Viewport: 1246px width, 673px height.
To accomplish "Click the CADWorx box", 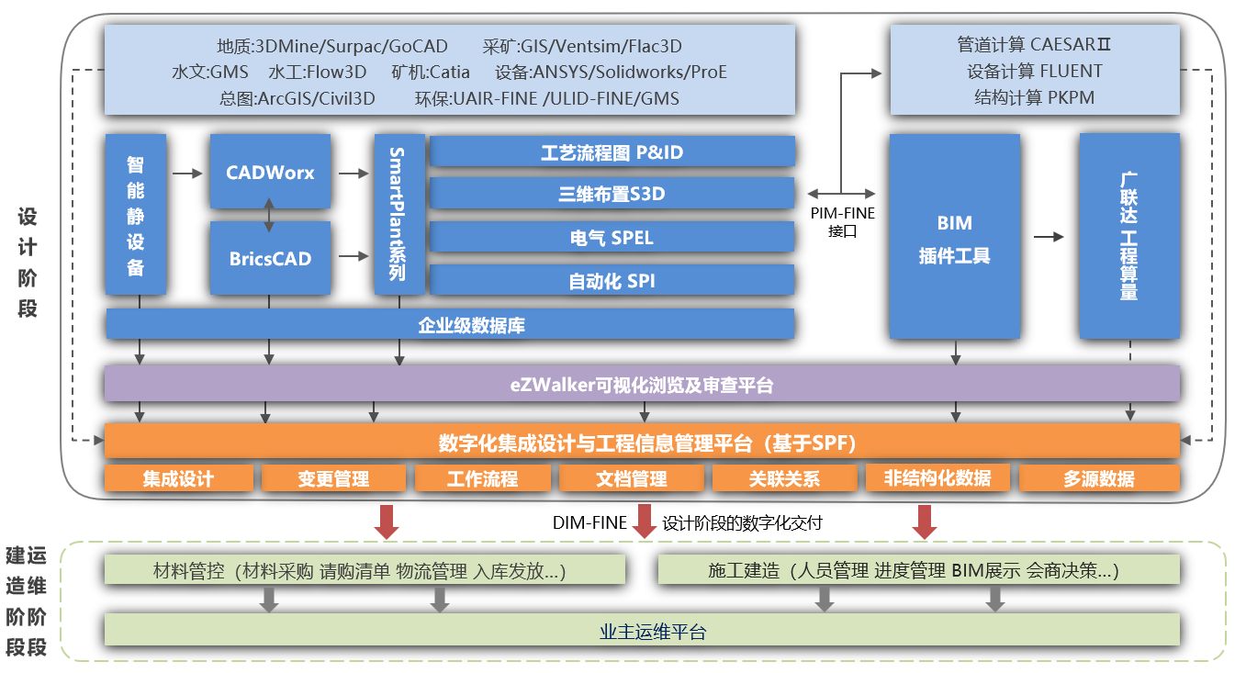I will click(x=269, y=172).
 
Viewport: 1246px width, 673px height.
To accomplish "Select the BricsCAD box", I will click(x=269, y=258).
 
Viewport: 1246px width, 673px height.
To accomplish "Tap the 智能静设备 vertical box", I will click(x=136, y=215).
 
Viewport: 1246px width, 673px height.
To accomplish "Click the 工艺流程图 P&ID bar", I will click(x=612, y=151).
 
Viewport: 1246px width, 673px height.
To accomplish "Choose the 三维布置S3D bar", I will click(x=612, y=194).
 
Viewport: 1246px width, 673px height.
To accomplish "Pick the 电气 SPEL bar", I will click(x=612, y=237).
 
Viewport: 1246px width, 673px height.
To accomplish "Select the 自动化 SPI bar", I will click(x=612, y=280).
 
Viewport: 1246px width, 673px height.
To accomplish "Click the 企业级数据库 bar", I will click(x=450, y=324).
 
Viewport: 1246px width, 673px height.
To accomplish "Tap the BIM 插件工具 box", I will click(x=954, y=237).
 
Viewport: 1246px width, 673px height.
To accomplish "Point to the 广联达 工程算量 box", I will click(x=1128, y=237).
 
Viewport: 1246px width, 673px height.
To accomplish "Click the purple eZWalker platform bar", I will click(x=641, y=384).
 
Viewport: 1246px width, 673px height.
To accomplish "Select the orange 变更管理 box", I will click(x=333, y=478).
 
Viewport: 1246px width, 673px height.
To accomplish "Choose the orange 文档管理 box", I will click(x=632, y=478).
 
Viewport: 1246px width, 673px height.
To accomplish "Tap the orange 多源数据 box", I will click(x=1098, y=478).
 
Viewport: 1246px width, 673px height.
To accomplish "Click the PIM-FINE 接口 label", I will click(x=842, y=221).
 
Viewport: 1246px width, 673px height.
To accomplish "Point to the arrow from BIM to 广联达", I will click(x=1049, y=237).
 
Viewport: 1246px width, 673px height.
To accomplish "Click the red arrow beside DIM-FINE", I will click(x=645, y=522).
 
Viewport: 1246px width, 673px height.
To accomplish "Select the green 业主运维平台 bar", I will click(x=641, y=631).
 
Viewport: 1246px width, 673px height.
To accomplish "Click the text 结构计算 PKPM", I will click(x=1034, y=96).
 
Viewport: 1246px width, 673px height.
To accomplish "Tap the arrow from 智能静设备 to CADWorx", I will click(x=187, y=173).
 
